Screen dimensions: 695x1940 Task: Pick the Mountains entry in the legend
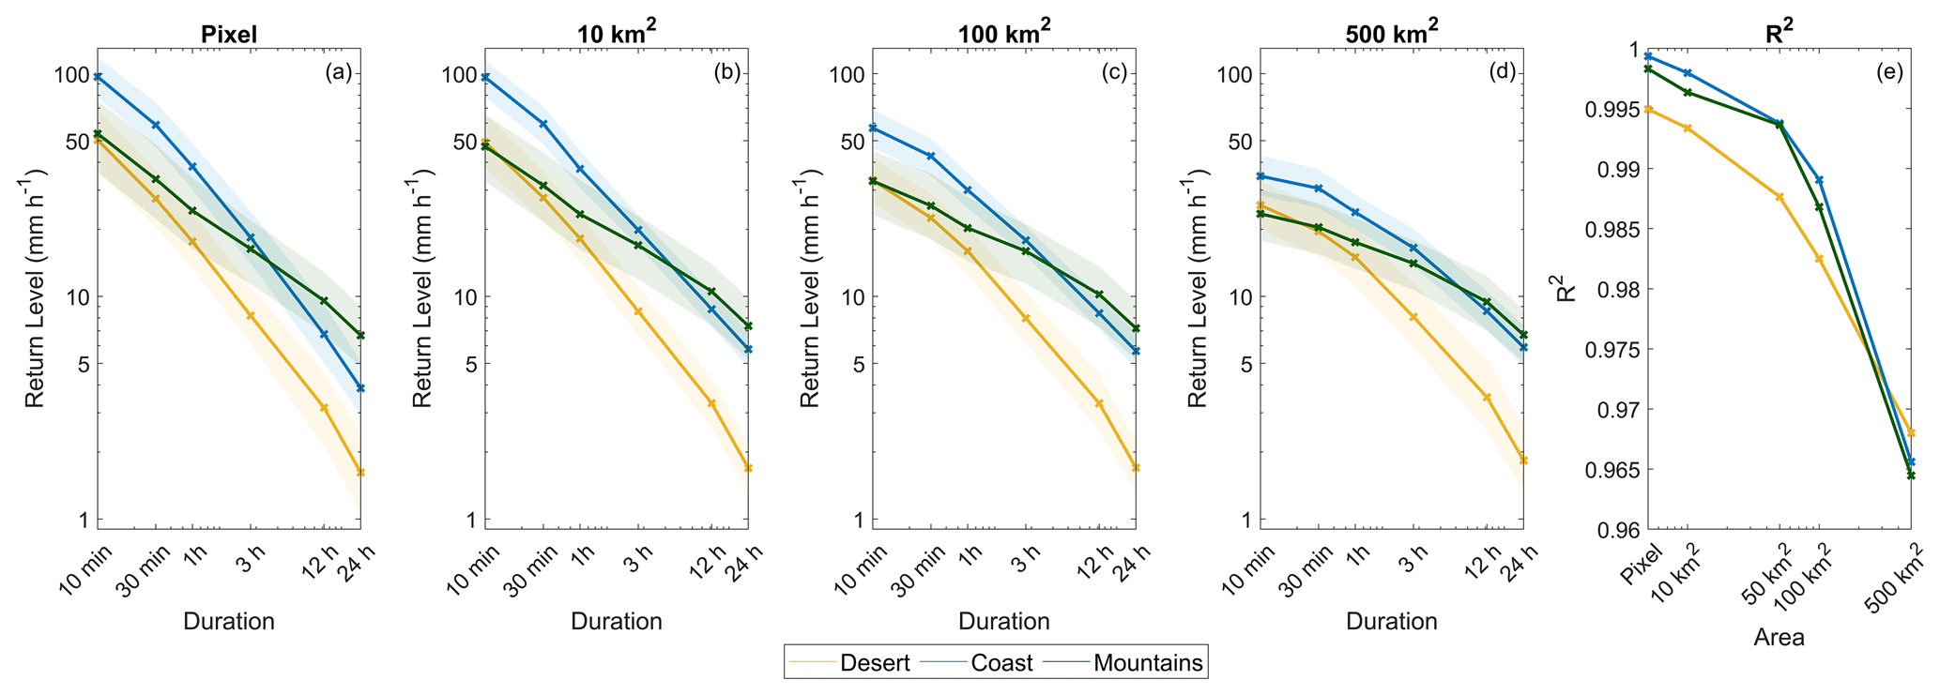1148,662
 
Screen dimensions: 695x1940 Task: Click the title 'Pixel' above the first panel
229,35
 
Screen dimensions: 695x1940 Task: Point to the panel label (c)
1113,73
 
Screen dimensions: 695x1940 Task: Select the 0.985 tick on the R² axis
1612,230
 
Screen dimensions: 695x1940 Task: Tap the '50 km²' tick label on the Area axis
1761,572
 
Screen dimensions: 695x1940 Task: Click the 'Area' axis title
1779,638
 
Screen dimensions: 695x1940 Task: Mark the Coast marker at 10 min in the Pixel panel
98,77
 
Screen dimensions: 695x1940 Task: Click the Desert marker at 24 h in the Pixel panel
360,472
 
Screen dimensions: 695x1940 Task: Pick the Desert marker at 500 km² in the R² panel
1911,432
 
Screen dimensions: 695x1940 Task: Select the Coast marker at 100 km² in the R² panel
1819,179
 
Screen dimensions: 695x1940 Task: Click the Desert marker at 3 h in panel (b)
639,311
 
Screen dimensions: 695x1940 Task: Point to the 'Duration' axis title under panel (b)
617,621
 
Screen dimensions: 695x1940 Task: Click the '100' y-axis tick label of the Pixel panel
70,75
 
